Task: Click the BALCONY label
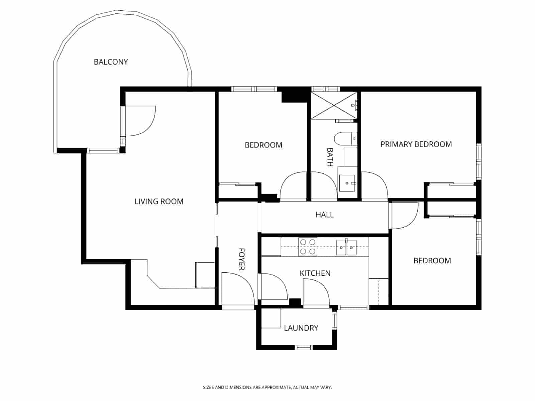pyautogui.click(x=111, y=62)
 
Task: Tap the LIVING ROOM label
pyautogui.click(x=159, y=202)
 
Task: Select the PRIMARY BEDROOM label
pyautogui.click(x=416, y=144)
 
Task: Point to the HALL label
pyautogui.click(x=324, y=215)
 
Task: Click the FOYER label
pyautogui.click(x=241, y=259)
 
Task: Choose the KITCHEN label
pyautogui.click(x=315, y=273)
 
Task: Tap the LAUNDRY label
pyautogui.click(x=301, y=328)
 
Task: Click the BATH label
pyautogui.click(x=330, y=157)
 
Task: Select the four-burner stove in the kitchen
pyautogui.click(x=308, y=247)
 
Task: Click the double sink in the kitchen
pyautogui.click(x=346, y=247)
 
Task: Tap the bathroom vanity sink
pyautogui.click(x=347, y=183)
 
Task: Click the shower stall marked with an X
pyautogui.click(x=334, y=105)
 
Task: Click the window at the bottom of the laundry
pyautogui.click(x=304, y=347)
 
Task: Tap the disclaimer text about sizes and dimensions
pyautogui.click(x=267, y=388)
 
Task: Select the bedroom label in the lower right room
pyautogui.click(x=432, y=261)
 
